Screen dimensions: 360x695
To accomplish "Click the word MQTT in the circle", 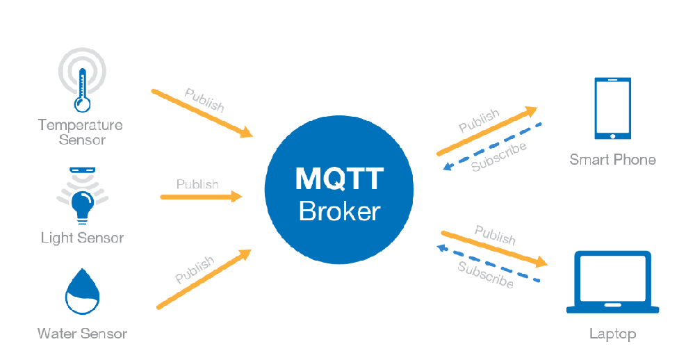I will pyautogui.click(x=339, y=179).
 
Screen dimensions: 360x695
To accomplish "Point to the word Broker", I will pyautogui.click(x=339, y=211).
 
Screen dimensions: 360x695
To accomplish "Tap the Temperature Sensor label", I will pyautogui.click(x=81, y=132).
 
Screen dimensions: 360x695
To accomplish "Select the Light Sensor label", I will pyautogui.click(x=82, y=238).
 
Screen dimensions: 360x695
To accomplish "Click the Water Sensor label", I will pyautogui.click(x=82, y=334).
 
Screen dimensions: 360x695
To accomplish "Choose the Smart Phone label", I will pyautogui.click(x=612, y=160).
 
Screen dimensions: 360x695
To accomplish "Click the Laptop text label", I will pyautogui.click(x=612, y=334).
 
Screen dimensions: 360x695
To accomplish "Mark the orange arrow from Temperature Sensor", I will pyautogui.click(x=202, y=113).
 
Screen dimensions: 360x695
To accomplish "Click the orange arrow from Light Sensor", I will pyautogui.click(x=201, y=197).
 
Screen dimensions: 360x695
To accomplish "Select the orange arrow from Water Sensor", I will pyautogui.click(x=203, y=279).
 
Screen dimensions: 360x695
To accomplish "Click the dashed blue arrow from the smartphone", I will pyautogui.click(x=493, y=147).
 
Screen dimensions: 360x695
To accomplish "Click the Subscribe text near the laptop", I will pyautogui.click(x=485, y=275).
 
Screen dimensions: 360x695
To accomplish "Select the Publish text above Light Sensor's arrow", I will pyautogui.click(x=197, y=184).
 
